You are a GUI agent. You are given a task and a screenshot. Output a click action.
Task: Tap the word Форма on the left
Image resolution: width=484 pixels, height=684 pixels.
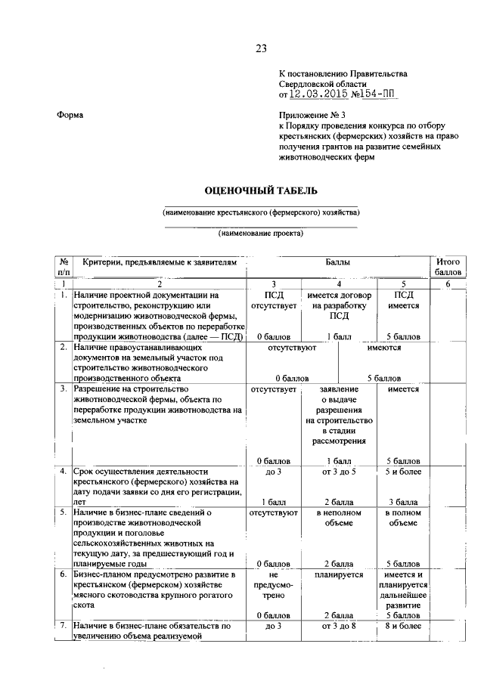(70, 115)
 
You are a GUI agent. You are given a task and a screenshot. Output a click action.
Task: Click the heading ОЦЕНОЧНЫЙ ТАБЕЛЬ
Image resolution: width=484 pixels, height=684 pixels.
(260, 190)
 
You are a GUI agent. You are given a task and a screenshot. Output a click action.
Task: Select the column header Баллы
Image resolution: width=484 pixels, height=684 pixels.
(338, 262)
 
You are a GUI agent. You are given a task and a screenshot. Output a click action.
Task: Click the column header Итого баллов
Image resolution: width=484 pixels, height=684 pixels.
(448, 267)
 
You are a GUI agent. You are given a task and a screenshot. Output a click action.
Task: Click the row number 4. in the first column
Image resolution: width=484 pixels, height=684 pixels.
(64, 471)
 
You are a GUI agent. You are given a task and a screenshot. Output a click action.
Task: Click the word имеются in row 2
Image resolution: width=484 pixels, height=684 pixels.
(384, 348)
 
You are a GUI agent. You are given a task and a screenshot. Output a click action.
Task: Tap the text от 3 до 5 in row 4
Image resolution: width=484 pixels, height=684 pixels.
(338, 471)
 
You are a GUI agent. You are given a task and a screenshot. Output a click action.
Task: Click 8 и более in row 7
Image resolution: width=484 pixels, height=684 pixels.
(402, 626)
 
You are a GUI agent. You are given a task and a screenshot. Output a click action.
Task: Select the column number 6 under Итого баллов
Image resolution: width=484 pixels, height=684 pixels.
(448, 283)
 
